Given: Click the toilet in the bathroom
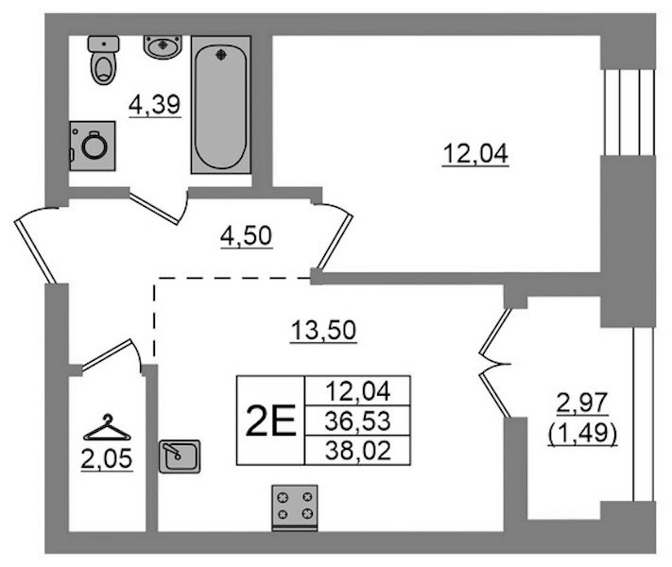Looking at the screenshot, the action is (x=103, y=60).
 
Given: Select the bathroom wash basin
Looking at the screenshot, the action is (x=163, y=46).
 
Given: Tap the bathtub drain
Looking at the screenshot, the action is (x=221, y=55).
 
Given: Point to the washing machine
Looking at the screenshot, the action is (x=93, y=146).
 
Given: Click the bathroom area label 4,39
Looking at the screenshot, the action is (x=155, y=105).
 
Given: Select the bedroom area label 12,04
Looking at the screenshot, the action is (x=475, y=154).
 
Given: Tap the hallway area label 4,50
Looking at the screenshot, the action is (x=247, y=236).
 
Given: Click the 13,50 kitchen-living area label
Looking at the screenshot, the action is (x=323, y=331).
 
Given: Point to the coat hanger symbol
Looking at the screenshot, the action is (x=107, y=428).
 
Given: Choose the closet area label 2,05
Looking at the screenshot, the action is (x=107, y=460).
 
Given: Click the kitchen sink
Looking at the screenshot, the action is (x=180, y=456).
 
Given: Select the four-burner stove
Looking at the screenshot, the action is (x=295, y=507).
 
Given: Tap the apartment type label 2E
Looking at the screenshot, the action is (x=270, y=421).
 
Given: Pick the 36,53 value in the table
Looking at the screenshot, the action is (x=357, y=421).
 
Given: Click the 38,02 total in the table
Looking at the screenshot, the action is (x=358, y=451).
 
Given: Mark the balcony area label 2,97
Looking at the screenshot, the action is (x=582, y=404).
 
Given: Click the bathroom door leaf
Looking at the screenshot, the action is (x=154, y=209).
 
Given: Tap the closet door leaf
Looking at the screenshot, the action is (x=107, y=354).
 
